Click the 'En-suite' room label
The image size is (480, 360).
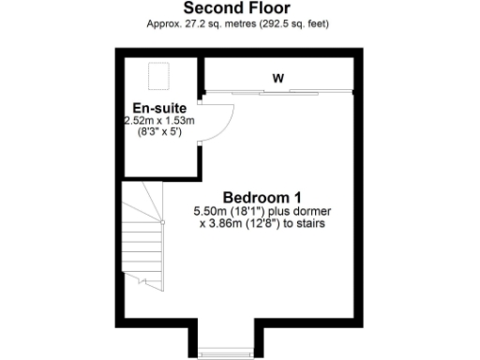pos(154,108)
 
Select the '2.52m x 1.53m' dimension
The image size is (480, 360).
pos(158,121)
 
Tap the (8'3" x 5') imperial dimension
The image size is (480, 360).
pos(158,133)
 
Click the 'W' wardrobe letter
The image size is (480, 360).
pos(277,78)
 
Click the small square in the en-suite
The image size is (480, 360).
pos(157,73)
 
